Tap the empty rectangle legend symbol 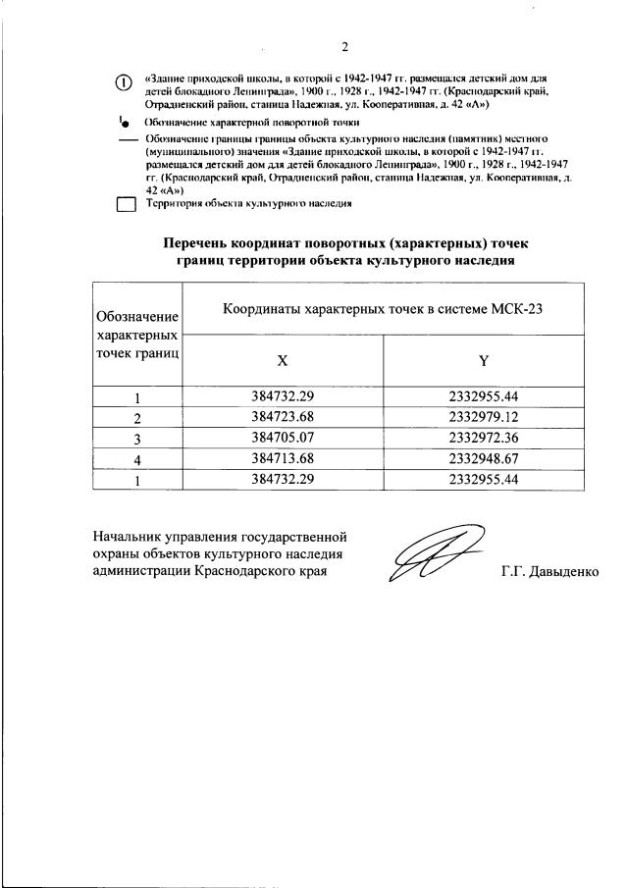126,205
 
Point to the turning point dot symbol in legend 125,125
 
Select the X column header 283,360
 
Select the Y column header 483,360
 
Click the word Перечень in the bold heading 202,242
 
